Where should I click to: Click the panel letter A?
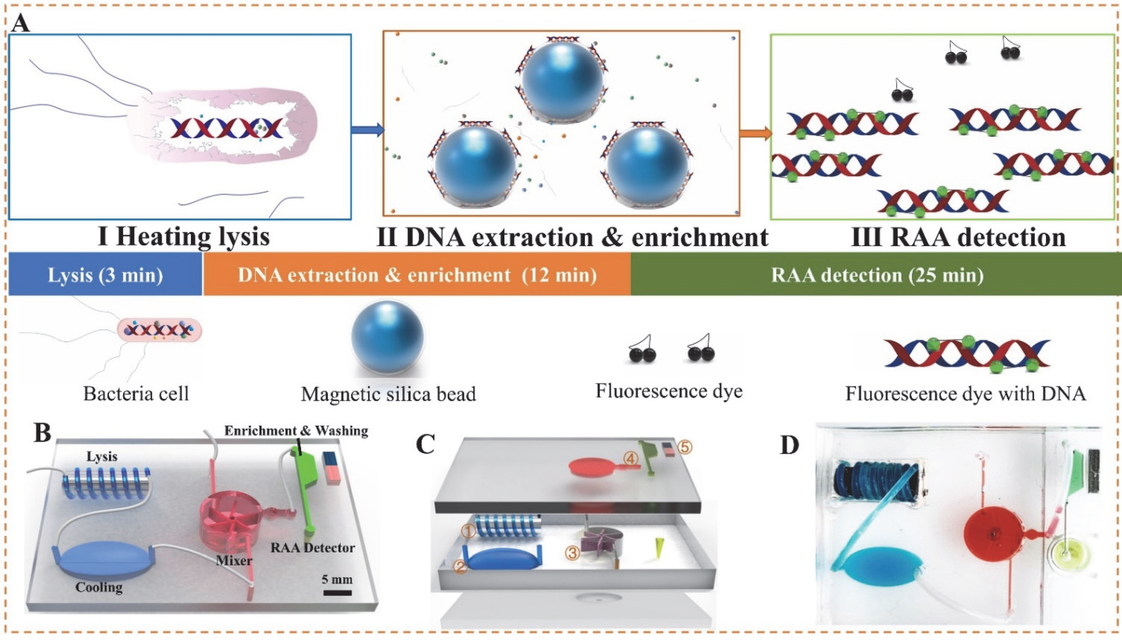[21, 23]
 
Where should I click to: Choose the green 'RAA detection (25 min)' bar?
[876, 275]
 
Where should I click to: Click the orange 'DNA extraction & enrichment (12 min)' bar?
[417, 275]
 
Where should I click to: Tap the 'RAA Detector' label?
[313, 548]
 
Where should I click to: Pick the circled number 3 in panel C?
[573, 553]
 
